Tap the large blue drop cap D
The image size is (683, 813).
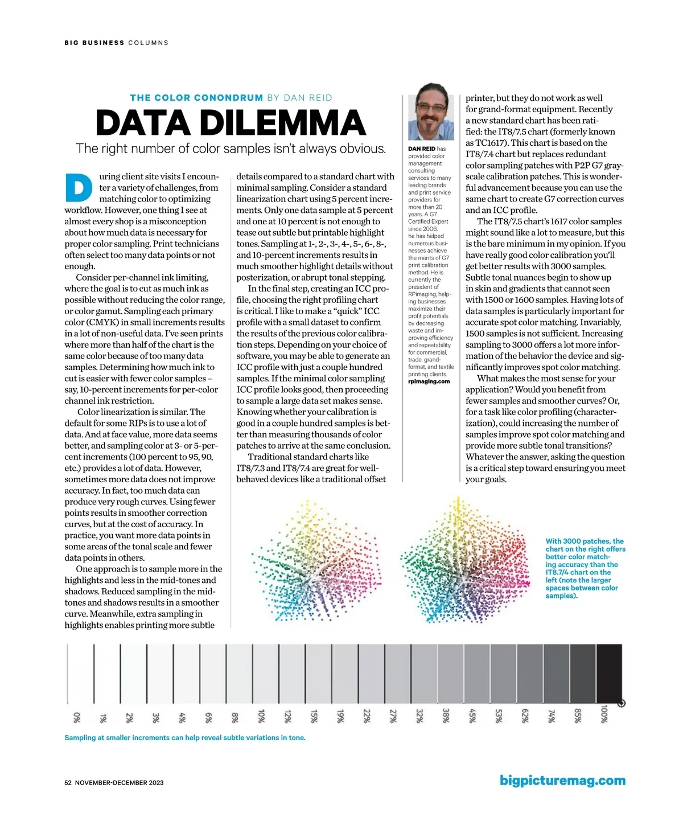[79, 187]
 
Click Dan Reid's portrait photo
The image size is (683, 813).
[431, 113]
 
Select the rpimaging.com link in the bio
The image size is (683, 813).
[429, 381]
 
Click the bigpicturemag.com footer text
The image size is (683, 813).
[562, 781]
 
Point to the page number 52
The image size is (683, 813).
[68, 783]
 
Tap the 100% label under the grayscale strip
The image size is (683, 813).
[604, 714]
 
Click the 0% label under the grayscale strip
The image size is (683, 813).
[77, 717]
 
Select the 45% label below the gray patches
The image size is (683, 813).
[472, 716]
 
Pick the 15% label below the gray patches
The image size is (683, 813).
[314, 716]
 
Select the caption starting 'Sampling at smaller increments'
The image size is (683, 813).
[185, 738]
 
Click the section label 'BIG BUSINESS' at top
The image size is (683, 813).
[94, 43]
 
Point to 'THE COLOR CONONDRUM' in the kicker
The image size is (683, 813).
[196, 98]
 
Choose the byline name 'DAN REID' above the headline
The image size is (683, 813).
[308, 98]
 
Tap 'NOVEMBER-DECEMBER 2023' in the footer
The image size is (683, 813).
[120, 783]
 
